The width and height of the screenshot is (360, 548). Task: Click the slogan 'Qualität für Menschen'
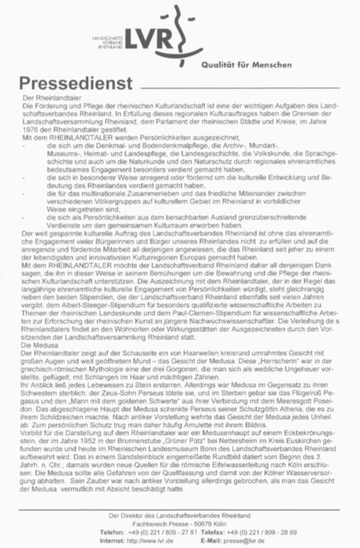click(247, 64)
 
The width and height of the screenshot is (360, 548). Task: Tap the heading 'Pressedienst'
click(75, 83)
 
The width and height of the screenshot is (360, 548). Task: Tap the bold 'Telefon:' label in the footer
click(112, 533)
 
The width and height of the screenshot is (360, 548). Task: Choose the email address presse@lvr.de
click(245, 541)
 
